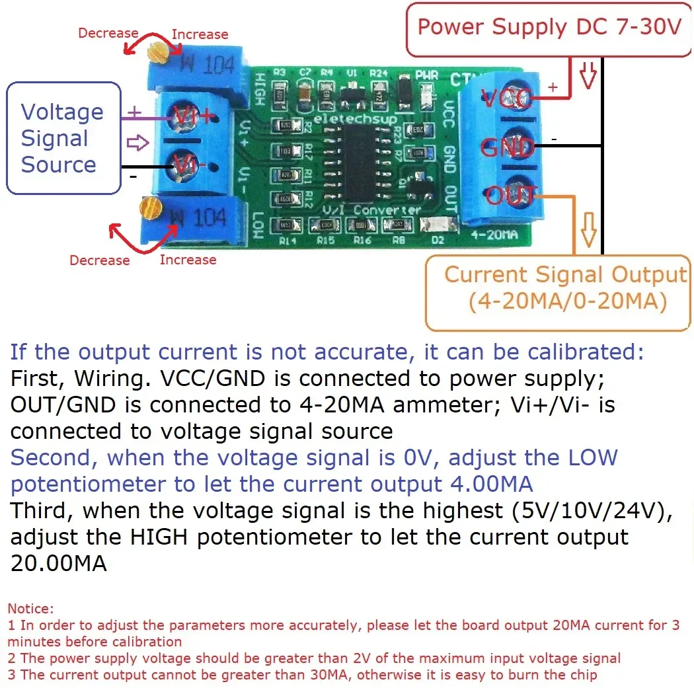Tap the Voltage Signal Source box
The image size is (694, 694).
[x=63, y=138]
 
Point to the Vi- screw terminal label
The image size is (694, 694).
[x=188, y=165]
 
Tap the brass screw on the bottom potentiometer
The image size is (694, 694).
[x=151, y=209]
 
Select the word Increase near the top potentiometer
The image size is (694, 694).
[x=200, y=34]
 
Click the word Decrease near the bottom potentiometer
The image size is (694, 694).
[x=99, y=260]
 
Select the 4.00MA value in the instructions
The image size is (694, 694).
[x=490, y=484]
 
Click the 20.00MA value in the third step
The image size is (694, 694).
[x=58, y=564]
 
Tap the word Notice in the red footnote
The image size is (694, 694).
[x=30, y=608]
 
